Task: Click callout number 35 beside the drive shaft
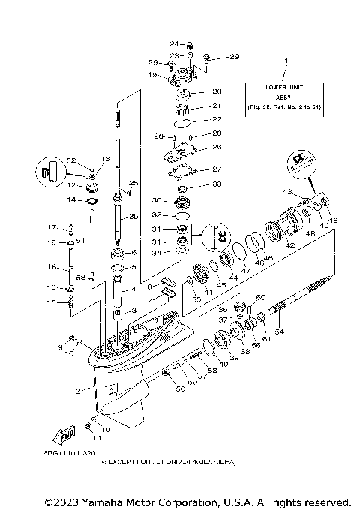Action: [x=133, y=217]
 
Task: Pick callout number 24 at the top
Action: [x=171, y=43]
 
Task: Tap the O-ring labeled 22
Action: [x=180, y=120]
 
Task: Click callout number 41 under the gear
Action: [x=209, y=293]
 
